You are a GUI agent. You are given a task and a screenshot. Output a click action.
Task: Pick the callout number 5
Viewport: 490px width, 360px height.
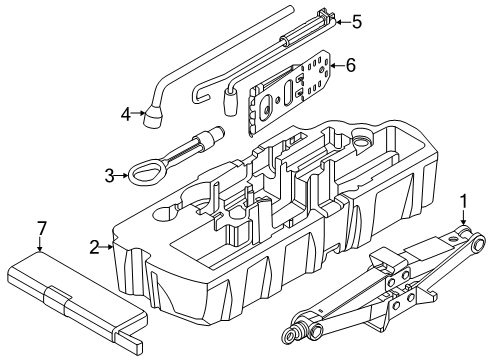356,19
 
